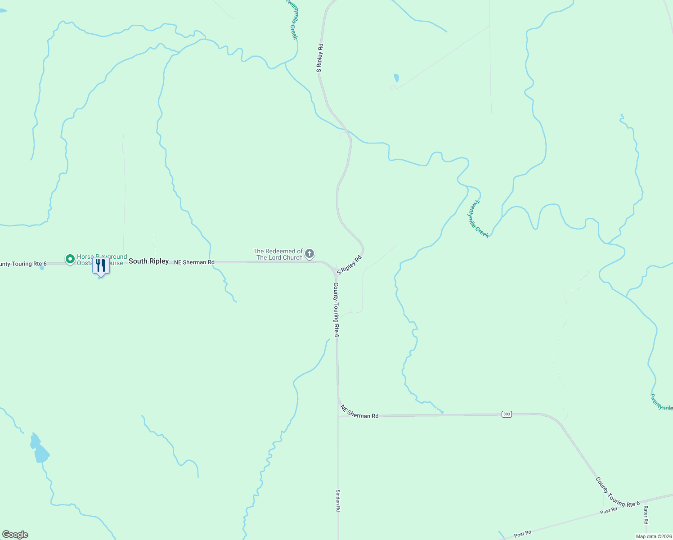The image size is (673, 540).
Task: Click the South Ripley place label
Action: tap(148, 261)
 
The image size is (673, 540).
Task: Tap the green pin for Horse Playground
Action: tap(70, 259)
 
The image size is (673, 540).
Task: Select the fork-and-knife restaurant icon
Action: tap(101, 265)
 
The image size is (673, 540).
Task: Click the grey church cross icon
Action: tap(310, 254)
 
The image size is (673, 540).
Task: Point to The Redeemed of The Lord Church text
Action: tap(278, 254)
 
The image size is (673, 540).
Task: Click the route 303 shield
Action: tap(507, 414)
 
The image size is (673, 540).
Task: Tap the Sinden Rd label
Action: tap(338, 500)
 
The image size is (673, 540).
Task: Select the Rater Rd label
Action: tap(646, 515)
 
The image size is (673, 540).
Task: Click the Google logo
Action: tap(15, 535)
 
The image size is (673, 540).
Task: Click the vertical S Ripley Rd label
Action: tap(319, 58)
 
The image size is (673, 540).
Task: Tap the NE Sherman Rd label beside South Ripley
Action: tap(194, 262)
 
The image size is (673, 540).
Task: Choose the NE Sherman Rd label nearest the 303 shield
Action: tap(359, 412)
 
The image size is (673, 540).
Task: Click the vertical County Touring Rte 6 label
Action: tap(336, 310)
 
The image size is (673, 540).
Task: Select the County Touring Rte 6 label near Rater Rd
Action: tap(617, 492)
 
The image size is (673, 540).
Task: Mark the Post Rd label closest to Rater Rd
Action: tap(608, 511)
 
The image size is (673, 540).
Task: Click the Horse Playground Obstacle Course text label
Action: tap(102, 260)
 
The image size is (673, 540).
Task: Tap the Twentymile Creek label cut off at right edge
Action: tap(661, 402)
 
